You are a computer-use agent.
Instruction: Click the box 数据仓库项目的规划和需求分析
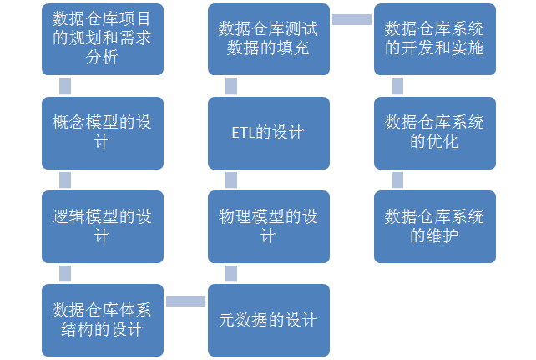[103, 39]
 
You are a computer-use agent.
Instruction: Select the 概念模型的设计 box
[103, 133]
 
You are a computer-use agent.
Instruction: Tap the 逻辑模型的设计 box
[103, 226]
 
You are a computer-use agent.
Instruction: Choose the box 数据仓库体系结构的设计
[103, 321]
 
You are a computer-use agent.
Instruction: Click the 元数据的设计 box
[269, 321]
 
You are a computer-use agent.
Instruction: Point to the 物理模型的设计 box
[269, 226]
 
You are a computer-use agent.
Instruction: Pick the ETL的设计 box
[269, 133]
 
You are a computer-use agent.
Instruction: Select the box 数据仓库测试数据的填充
[269, 39]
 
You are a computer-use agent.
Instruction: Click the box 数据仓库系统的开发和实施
[435, 39]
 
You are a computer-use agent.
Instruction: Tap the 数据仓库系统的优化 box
[435, 133]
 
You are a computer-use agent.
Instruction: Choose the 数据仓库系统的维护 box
[435, 226]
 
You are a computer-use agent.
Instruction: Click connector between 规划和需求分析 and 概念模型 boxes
[65, 86]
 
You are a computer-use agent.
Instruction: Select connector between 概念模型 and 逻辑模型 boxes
[65, 180]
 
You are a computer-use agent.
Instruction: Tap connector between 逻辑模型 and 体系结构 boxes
[65, 273]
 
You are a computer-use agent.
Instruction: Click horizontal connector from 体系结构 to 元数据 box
[185, 302]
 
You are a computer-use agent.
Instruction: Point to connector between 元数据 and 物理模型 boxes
[231, 273]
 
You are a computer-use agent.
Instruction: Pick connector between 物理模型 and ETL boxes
[231, 180]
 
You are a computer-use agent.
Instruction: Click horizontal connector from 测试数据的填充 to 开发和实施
[351, 19]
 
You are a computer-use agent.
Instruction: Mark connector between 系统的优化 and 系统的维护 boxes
[397, 180]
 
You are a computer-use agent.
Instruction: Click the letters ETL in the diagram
[244, 133]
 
